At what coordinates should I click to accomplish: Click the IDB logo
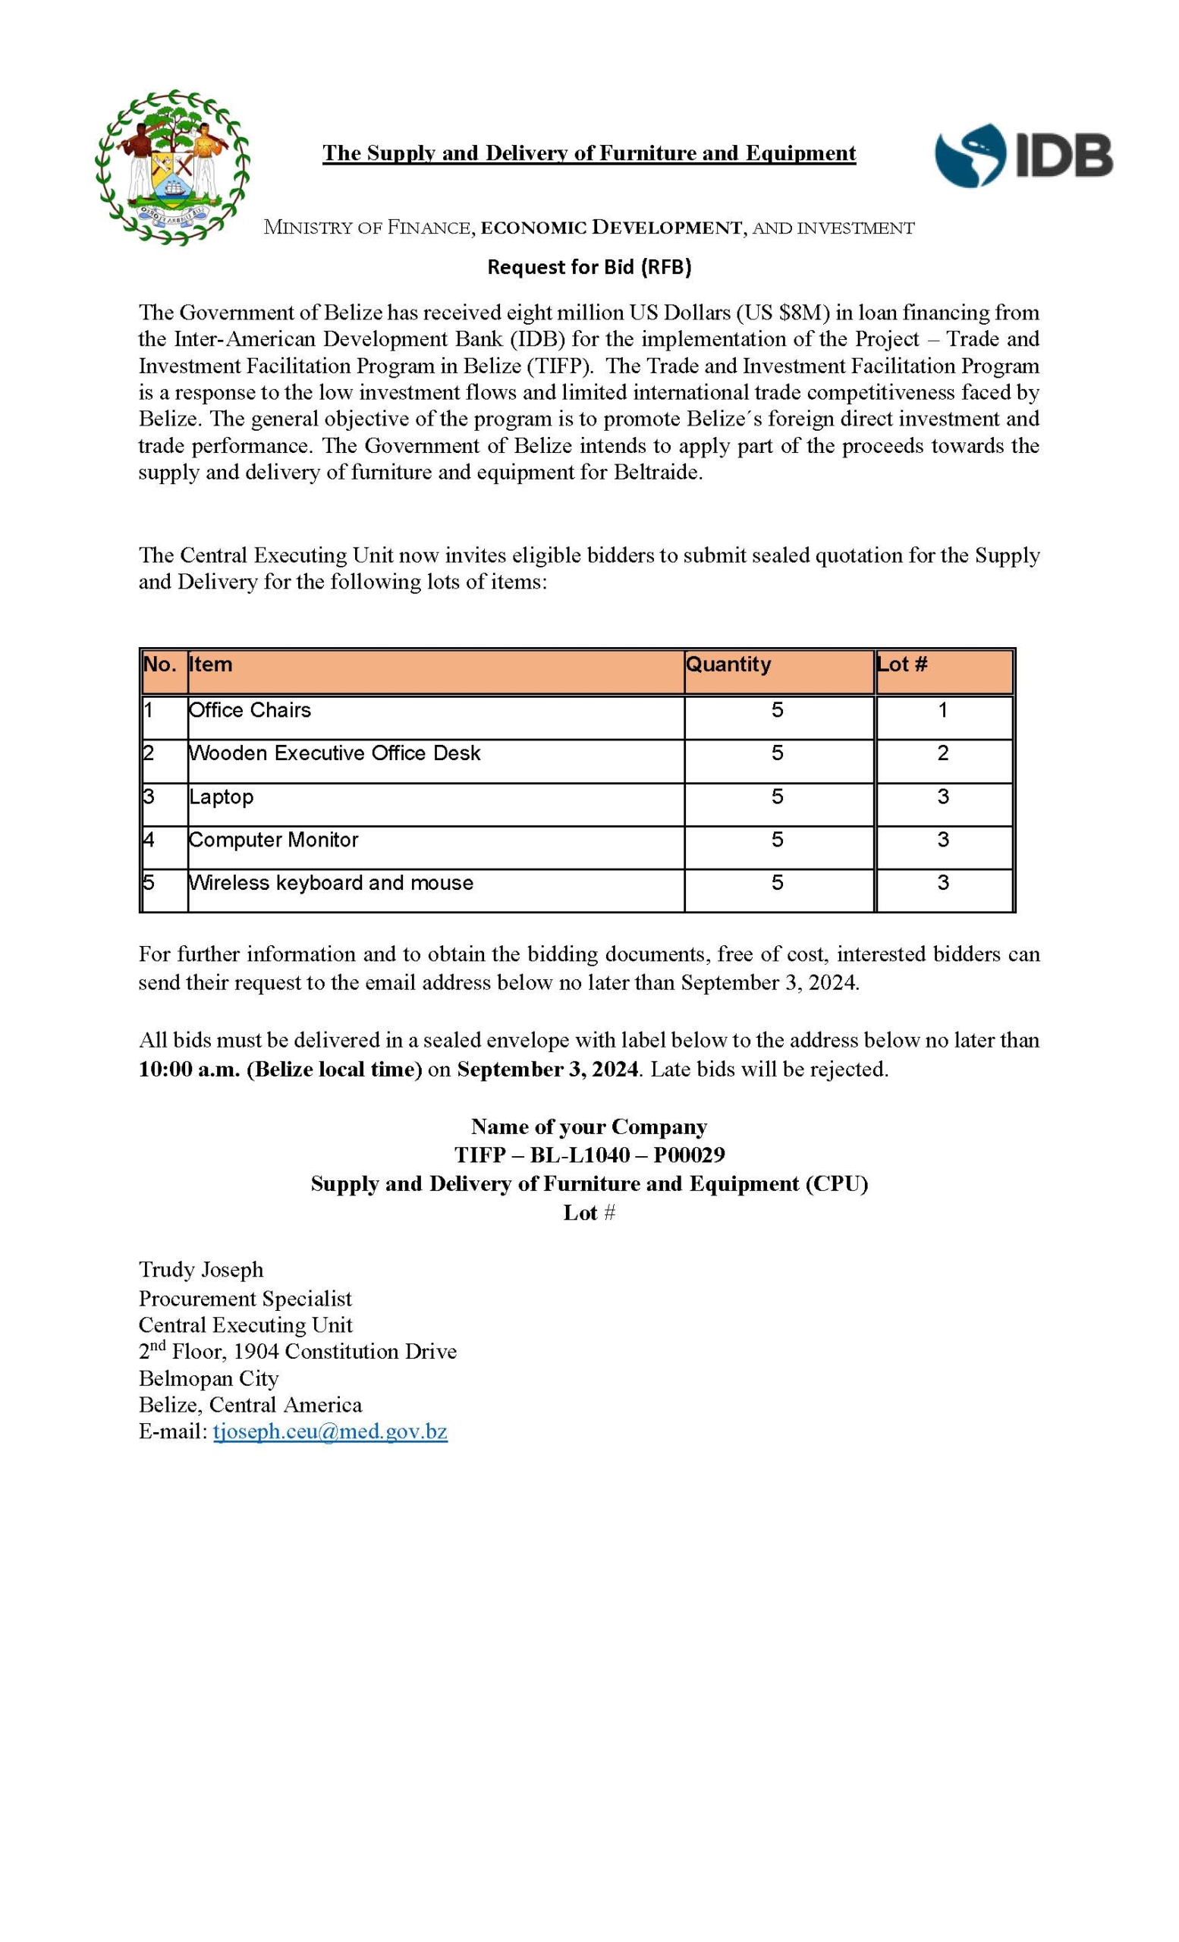click(x=1023, y=156)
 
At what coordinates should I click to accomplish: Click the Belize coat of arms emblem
click(x=172, y=167)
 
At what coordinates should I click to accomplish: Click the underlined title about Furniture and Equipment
click(x=589, y=153)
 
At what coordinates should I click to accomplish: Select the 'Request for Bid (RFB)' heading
click(x=589, y=267)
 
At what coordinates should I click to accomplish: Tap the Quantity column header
click(x=728, y=665)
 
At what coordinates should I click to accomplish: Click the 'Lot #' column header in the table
click(x=902, y=665)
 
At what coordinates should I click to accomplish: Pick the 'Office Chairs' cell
click(x=250, y=710)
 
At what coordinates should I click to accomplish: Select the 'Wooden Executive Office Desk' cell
click(x=334, y=753)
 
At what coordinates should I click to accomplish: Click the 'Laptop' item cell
click(x=222, y=797)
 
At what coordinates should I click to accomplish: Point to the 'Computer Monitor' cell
click(x=273, y=841)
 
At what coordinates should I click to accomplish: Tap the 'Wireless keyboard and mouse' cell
click(x=331, y=883)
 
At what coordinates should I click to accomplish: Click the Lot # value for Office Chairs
click(x=942, y=710)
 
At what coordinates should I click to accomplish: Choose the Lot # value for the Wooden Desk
click(x=942, y=753)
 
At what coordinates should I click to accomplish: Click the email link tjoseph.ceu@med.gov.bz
click(x=330, y=1431)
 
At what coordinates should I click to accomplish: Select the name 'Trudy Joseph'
click(x=201, y=1270)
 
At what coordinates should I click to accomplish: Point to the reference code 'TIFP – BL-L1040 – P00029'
click(x=589, y=1155)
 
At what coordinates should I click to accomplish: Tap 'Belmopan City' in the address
click(x=209, y=1378)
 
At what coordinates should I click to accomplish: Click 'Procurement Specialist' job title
click(x=245, y=1298)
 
